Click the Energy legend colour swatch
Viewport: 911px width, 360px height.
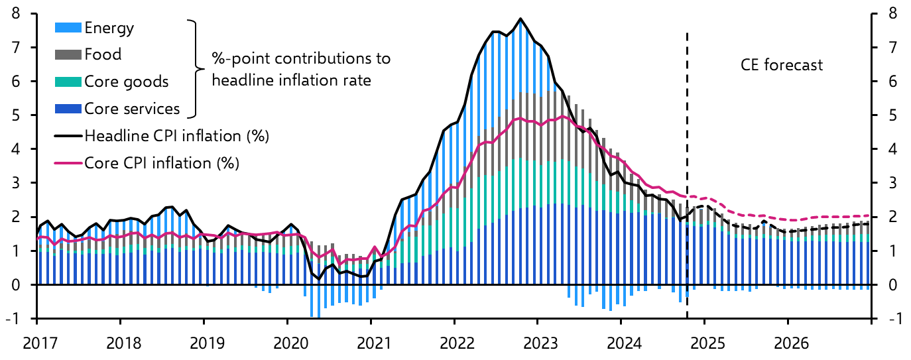68,28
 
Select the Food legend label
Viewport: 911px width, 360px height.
103,54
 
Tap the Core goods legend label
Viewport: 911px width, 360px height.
126,82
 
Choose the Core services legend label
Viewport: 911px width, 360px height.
131,109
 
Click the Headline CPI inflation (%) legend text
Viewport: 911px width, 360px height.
176,136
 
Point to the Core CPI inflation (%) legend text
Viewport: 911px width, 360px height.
161,162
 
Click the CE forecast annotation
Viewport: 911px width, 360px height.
781,65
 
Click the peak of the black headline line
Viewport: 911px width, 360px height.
520,19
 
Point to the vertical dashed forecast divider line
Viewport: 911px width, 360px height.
687,199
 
